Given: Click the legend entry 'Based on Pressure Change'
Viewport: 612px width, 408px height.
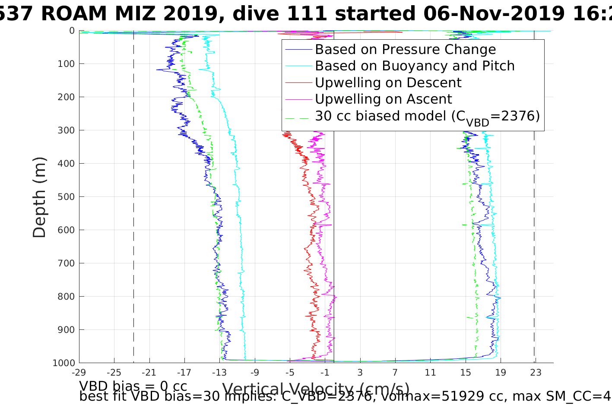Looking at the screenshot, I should [405, 50].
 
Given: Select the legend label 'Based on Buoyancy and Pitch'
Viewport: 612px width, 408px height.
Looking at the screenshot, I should [415, 66].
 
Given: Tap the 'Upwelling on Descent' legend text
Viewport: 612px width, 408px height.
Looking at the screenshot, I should [388, 82].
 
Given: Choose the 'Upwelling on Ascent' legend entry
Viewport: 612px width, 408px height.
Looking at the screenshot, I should [383, 99].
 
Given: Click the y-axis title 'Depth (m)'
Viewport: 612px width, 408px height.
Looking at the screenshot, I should [39, 197].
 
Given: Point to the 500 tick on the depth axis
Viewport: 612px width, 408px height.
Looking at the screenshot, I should [66, 197].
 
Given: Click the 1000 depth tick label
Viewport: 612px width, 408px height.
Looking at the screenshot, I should [64, 363].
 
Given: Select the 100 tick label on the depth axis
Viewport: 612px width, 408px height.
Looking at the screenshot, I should [66, 64].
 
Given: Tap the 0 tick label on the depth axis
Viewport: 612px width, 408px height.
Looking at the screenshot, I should [72, 31].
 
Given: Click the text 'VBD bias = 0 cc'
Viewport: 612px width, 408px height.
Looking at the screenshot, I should [133, 386].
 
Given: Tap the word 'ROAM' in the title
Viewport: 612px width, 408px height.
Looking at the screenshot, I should [74, 14].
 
